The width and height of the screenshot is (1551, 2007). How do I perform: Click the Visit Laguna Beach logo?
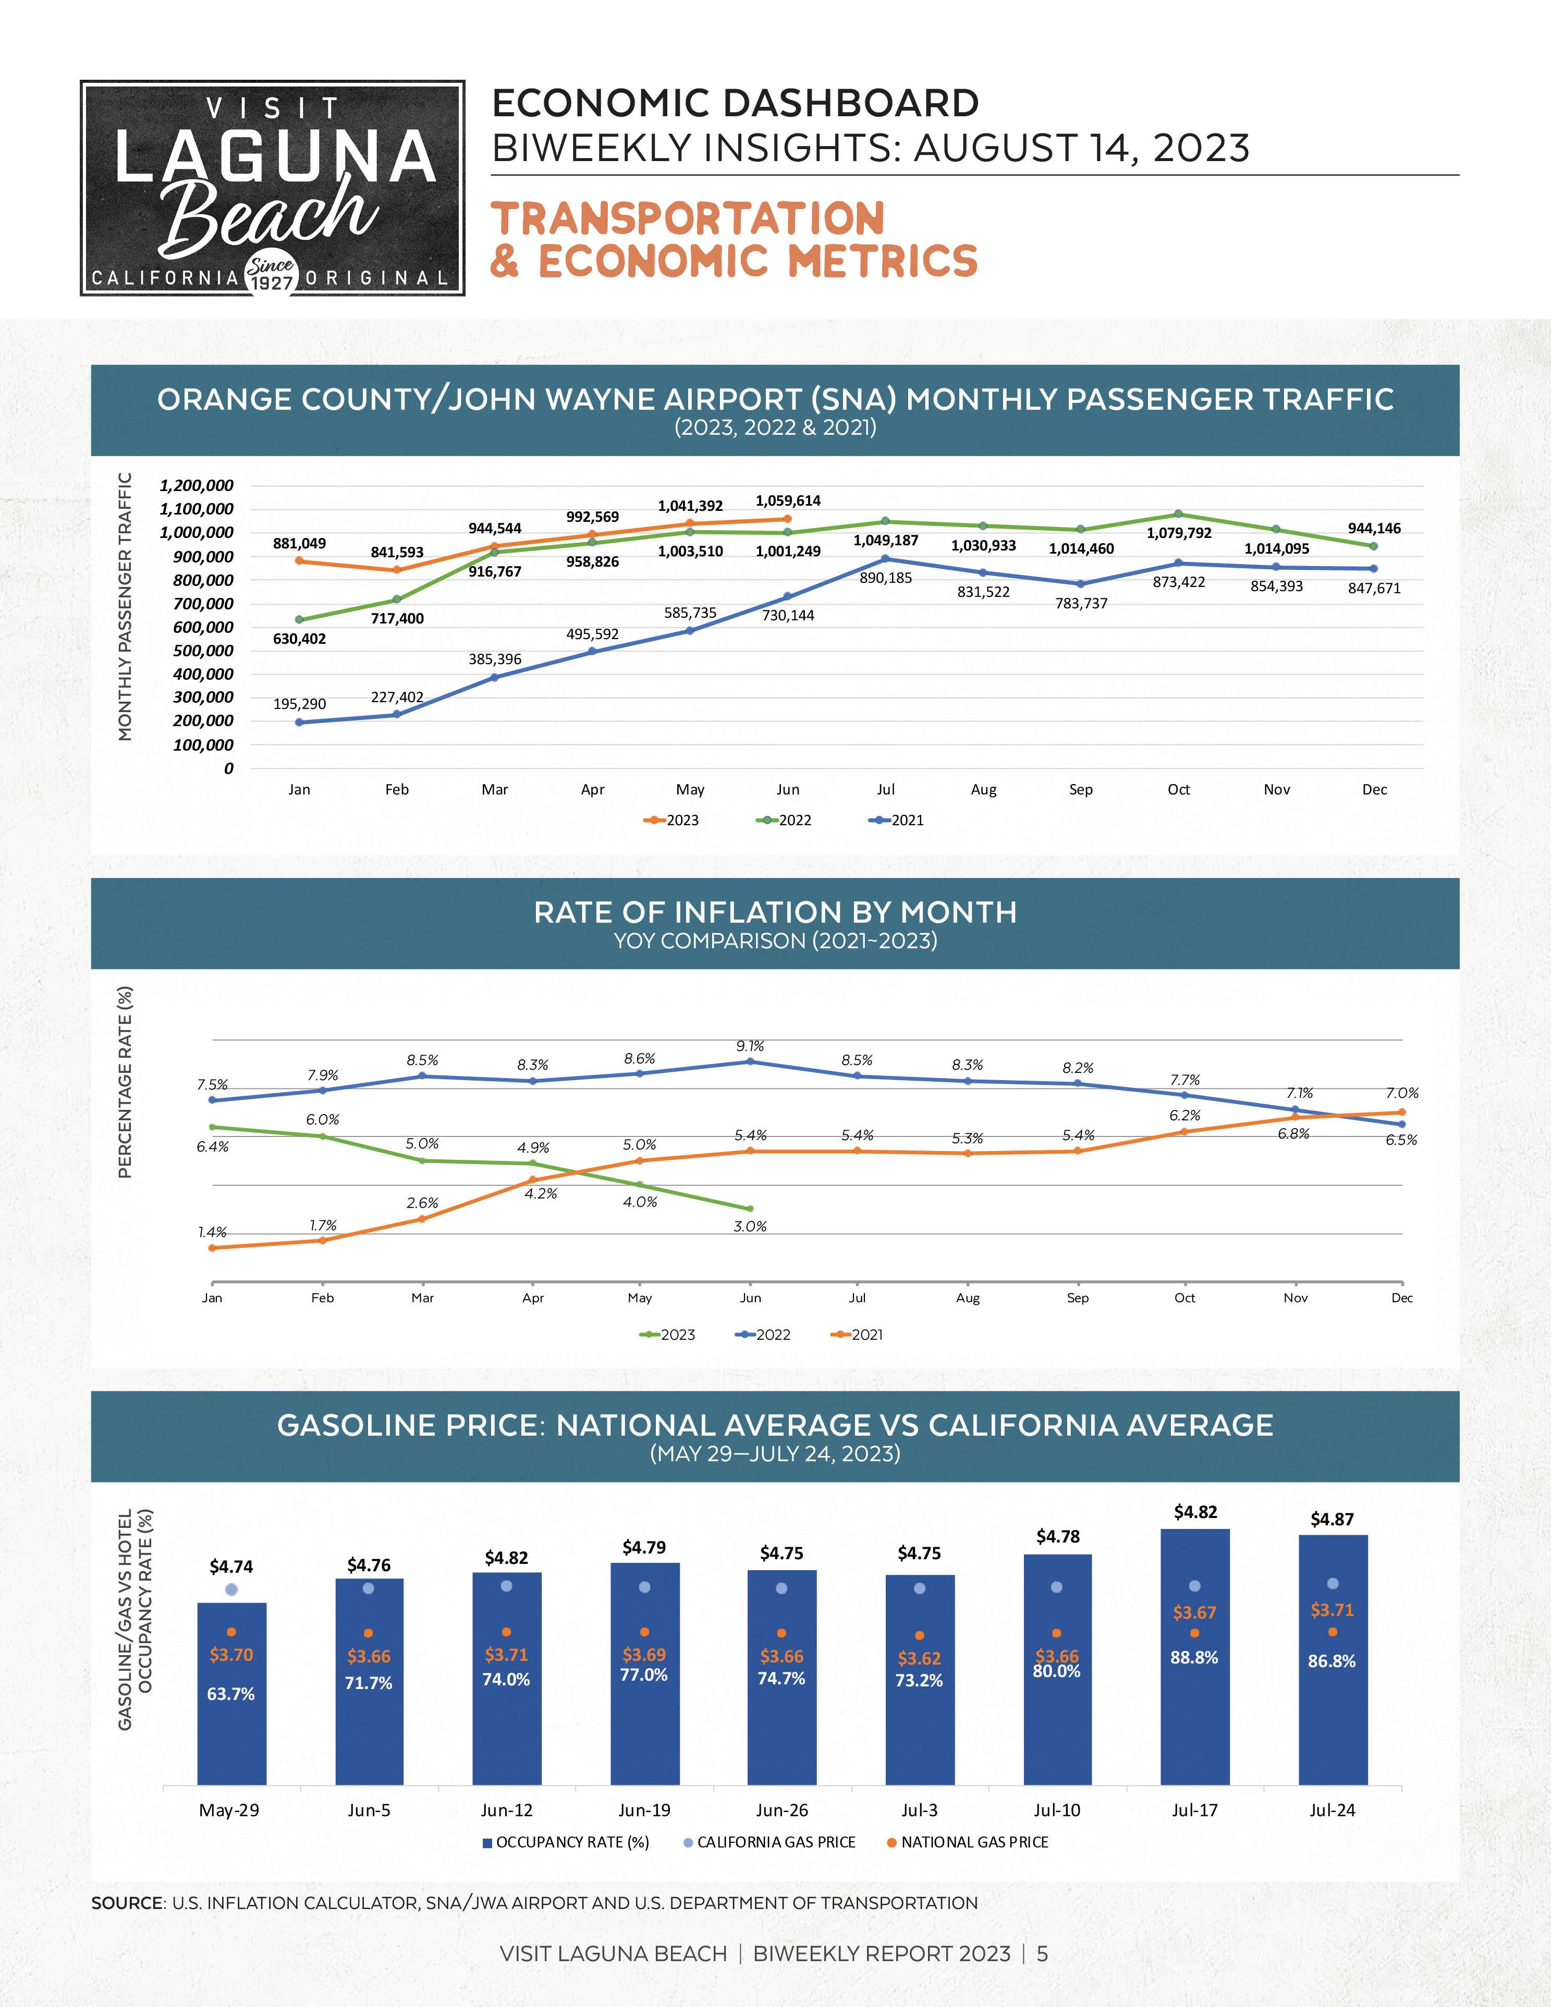click(x=273, y=188)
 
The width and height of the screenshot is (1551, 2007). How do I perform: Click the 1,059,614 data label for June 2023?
click(x=787, y=501)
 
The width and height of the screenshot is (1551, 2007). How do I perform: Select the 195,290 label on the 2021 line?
click(x=300, y=704)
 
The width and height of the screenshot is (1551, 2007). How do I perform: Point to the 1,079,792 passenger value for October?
click(x=1179, y=533)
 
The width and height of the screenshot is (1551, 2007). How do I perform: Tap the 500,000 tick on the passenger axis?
click(x=203, y=651)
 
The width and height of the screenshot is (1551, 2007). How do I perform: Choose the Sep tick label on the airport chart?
click(x=1081, y=789)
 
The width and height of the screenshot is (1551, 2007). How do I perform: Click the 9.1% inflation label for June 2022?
click(x=750, y=1046)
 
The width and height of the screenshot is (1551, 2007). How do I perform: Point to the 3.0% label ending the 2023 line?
click(x=750, y=1226)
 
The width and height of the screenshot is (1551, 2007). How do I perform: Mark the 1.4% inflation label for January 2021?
click(x=212, y=1232)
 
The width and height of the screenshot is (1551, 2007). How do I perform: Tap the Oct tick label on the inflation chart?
click(x=1184, y=1298)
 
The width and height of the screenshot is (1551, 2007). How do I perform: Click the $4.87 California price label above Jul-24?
click(x=1332, y=1519)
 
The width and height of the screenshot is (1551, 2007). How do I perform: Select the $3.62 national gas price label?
click(x=919, y=1659)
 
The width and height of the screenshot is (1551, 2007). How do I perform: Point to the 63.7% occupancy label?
click(x=230, y=1694)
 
